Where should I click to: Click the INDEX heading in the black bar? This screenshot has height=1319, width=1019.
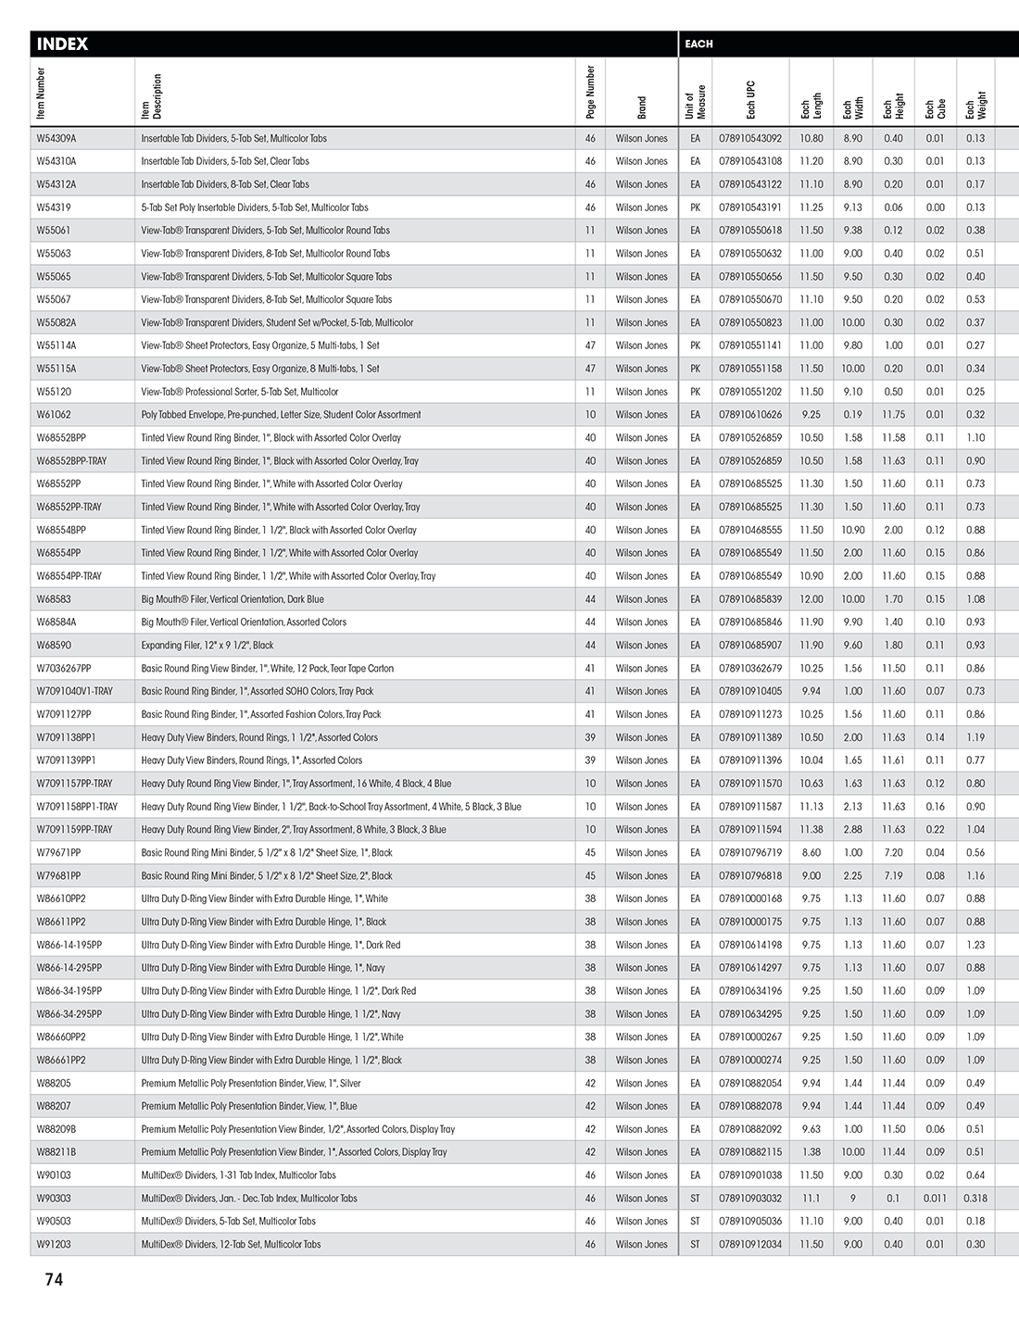62,44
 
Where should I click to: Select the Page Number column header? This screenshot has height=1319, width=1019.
591,93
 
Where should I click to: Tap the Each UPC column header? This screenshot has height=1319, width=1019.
750,100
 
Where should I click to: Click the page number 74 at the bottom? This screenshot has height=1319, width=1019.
54,1279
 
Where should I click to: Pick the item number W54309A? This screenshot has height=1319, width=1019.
57,139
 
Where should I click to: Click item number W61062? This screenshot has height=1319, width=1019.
54,415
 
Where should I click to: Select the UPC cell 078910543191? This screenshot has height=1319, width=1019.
750,207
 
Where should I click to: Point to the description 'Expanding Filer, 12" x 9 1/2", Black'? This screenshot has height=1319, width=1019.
208,646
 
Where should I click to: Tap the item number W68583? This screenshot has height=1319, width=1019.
54,599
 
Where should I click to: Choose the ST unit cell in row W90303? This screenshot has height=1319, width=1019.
695,1199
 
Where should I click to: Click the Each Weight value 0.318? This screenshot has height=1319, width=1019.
975,1199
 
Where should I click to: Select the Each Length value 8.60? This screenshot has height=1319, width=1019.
811,853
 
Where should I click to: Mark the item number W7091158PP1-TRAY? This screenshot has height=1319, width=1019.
77,807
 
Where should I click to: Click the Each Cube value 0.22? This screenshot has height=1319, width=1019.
935,830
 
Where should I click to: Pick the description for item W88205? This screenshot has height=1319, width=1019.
251,1084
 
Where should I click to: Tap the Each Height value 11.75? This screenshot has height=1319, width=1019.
893,415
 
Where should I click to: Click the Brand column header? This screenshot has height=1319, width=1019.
641,107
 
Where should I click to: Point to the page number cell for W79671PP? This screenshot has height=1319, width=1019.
590,853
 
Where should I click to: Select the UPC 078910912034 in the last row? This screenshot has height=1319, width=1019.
750,1245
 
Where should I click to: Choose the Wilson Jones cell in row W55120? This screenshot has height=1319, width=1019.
641,392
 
